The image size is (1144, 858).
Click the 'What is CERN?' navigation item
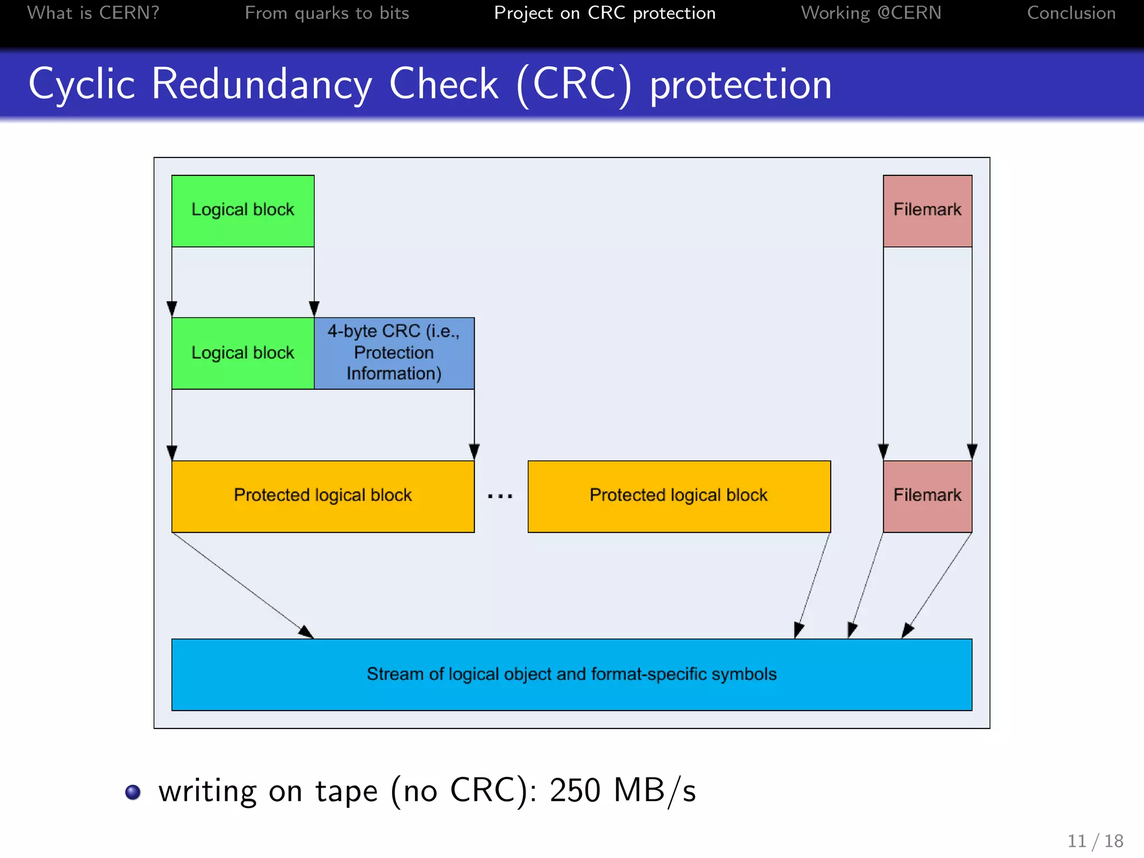click(x=93, y=13)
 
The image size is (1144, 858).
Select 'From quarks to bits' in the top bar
click(x=327, y=13)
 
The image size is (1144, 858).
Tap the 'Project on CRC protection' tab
click(x=604, y=13)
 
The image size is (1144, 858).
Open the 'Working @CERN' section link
click(x=871, y=13)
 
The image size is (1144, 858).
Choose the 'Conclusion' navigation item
click(x=1071, y=13)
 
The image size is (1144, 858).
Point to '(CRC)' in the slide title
click(x=574, y=84)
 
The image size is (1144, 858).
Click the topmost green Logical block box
click(x=243, y=211)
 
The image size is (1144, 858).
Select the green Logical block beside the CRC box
click(x=243, y=353)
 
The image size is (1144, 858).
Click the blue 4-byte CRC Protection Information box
click(x=394, y=353)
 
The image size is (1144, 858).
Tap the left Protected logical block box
click(x=323, y=496)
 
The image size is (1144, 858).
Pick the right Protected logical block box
click(x=679, y=496)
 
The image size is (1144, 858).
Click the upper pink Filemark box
click(x=927, y=211)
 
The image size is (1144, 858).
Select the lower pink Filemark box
click(x=927, y=496)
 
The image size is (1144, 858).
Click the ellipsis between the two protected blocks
click(x=500, y=496)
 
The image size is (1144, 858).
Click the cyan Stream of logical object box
click(x=571, y=674)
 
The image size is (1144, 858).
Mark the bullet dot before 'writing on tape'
click(x=133, y=792)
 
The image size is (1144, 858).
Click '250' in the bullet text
click(x=575, y=791)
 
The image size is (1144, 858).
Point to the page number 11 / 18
click(x=1095, y=841)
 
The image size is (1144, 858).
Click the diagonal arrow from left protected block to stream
click(x=243, y=585)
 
